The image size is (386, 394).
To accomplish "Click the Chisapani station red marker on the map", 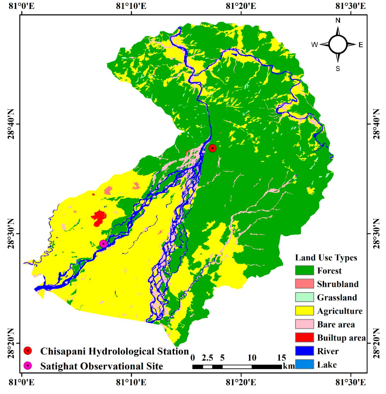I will click(x=212, y=148).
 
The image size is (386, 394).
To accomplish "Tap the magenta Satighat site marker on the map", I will click(x=103, y=244).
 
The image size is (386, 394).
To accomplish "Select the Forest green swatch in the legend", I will click(x=304, y=270).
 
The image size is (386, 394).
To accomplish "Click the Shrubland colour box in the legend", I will click(x=304, y=284).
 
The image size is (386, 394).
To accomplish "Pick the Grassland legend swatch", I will click(x=304, y=297).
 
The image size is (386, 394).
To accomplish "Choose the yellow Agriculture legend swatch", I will click(x=304, y=311).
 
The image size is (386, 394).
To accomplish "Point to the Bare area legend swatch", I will click(x=304, y=324).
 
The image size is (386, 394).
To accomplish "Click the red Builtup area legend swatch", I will click(x=304, y=337).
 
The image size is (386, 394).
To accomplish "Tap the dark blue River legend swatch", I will click(x=304, y=351).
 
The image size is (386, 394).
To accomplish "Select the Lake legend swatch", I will click(x=304, y=364).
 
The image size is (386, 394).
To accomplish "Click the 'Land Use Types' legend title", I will click(x=326, y=258).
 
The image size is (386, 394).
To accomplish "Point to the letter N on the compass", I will click(x=338, y=21).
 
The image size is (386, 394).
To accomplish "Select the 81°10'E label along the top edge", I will click(x=131, y=6).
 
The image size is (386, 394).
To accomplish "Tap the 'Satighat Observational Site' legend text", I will click(x=102, y=366).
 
